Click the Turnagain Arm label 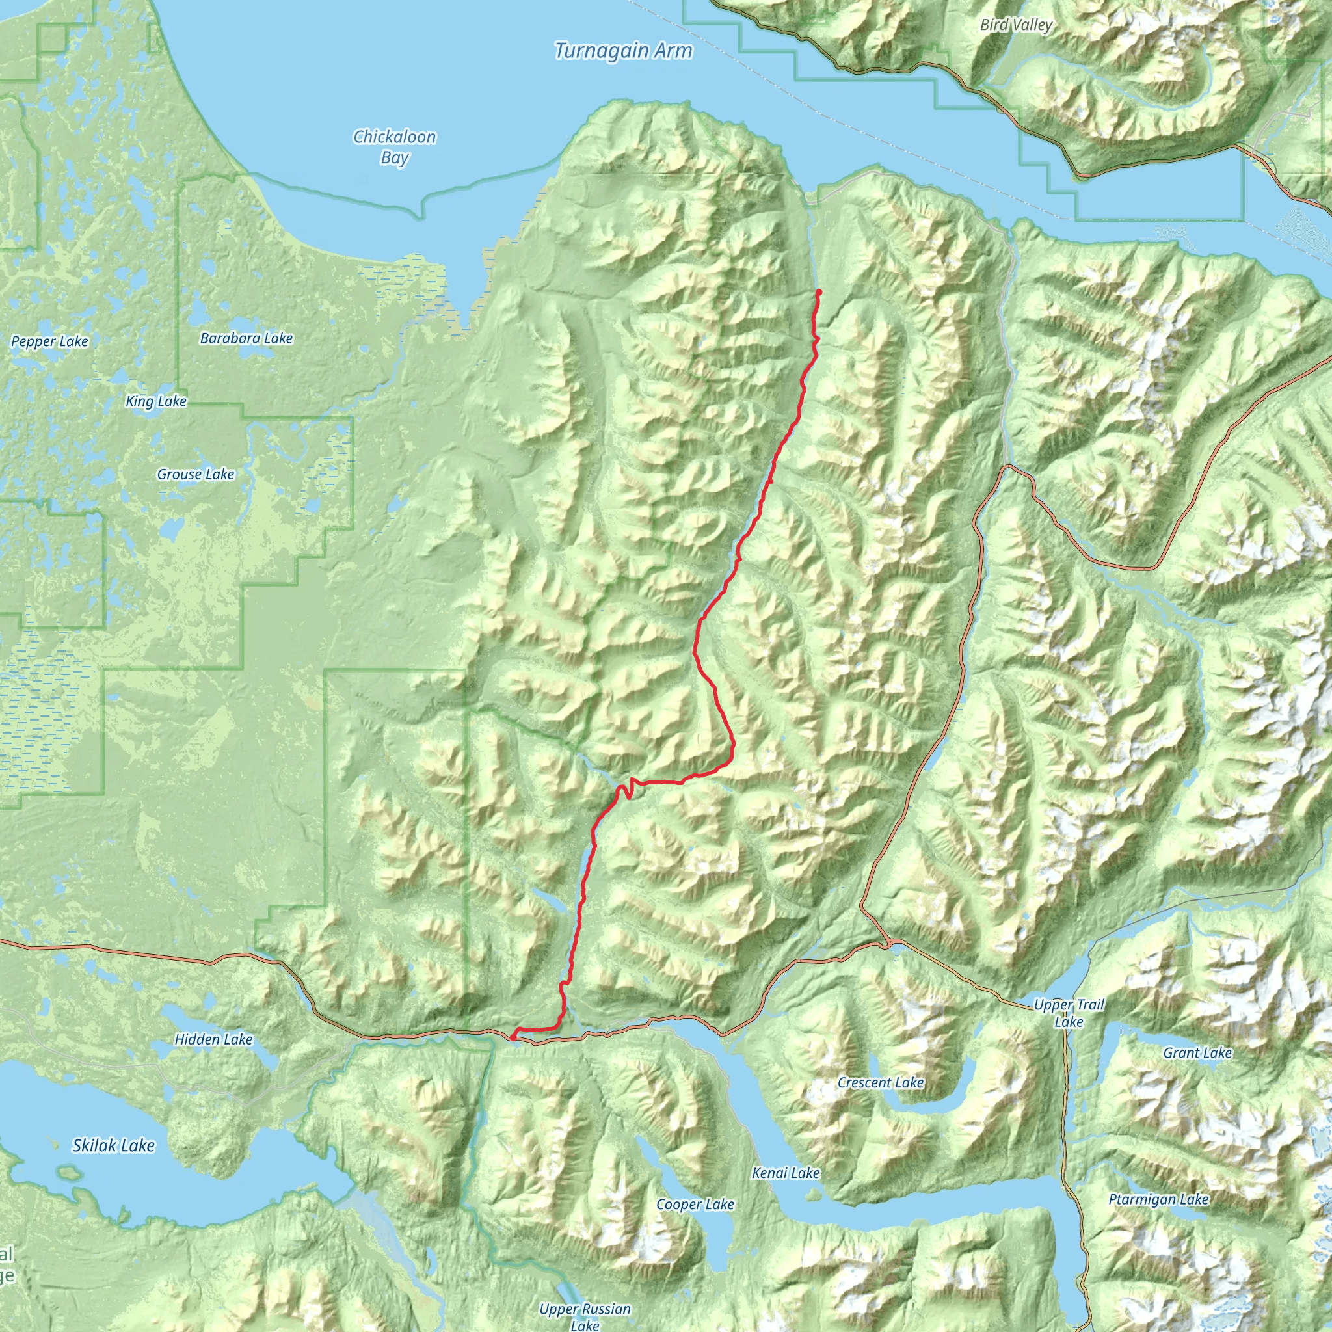pyautogui.click(x=623, y=51)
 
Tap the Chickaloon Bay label pyautogui.click(x=394, y=147)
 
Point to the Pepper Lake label pyautogui.click(x=49, y=341)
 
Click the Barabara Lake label pyautogui.click(x=246, y=338)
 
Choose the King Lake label pyautogui.click(x=156, y=401)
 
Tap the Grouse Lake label pyautogui.click(x=196, y=474)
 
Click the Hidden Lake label pyautogui.click(x=213, y=1039)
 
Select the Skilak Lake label pyautogui.click(x=114, y=1145)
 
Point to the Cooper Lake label pyautogui.click(x=695, y=1205)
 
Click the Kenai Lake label pyautogui.click(x=786, y=1173)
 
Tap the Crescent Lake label pyautogui.click(x=881, y=1082)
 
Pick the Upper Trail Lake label pyautogui.click(x=1069, y=1013)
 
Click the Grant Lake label pyautogui.click(x=1197, y=1053)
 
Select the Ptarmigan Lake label pyautogui.click(x=1158, y=1199)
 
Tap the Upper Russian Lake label pyautogui.click(x=585, y=1316)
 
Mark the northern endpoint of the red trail pyautogui.click(x=819, y=292)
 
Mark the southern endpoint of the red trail pyautogui.click(x=513, y=1036)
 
